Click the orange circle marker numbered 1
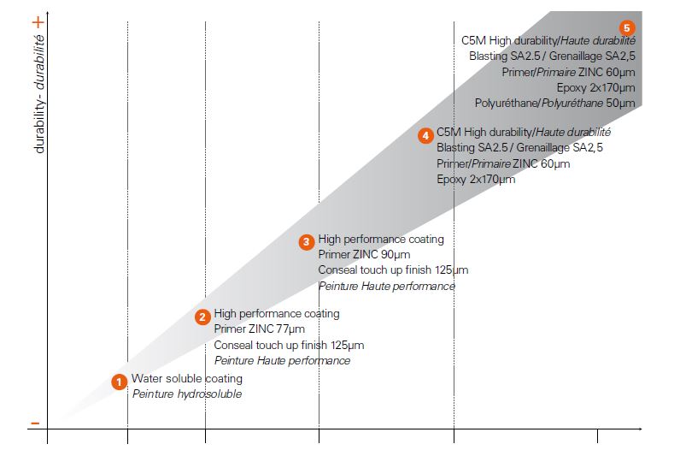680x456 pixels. pyautogui.click(x=120, y=382)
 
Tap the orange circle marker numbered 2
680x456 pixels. pyautogui.click(x=202, y=317)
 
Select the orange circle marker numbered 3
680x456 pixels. pyautogui.click(x=307, y=242)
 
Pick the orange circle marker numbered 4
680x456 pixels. pyautogui.click(x=425, y=136)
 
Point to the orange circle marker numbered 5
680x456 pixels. pyautogui.click(x=627, y=27)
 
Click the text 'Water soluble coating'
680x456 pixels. pyautogui.click(x=186, y=378)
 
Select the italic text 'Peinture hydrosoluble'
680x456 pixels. pyautogui.click(x=186, y=394)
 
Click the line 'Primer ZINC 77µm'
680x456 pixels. pyautogui.click(x=259, y=329)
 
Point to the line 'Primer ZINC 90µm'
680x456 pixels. pyautogui.click(x=364, y=254)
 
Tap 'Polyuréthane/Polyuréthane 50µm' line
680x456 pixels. pyautogui.click(x=554, y=103)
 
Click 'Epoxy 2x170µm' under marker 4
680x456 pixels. pyautogui.click(x=476, y=179)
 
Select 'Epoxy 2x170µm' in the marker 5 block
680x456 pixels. pyautogui.click(x=595, y=87)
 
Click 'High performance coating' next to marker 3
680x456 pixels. pyautogui.click(x=381, y=239)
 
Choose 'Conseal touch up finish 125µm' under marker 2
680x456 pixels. pyautogui.click(x=289, y=345)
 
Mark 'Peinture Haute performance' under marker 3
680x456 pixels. pyautogui.click(x=386, y=286)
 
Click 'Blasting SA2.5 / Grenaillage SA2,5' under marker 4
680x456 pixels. pyautogui.click(x=519, y=148)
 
